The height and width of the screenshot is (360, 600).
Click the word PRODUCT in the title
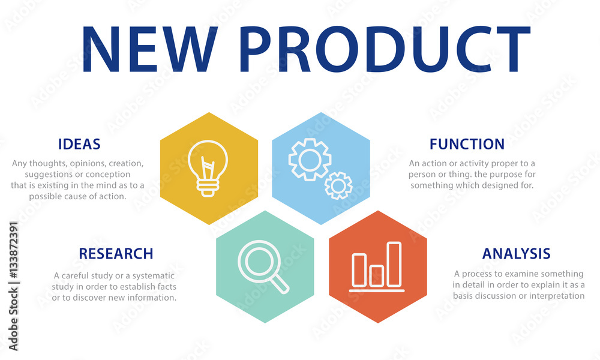click(x=385, y=49)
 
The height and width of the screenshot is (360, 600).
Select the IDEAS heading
click(x=79, y=144)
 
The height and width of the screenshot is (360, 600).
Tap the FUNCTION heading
click(x=467, y=144)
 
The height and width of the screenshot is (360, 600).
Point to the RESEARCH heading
click(x=116, y=253)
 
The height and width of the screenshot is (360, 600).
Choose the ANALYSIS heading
click(x=516, y=253)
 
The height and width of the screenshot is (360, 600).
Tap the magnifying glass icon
click(x=263, y=266)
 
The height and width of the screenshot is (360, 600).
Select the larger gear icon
click(x=310, y=160)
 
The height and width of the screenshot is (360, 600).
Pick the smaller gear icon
click(x=338, y=185)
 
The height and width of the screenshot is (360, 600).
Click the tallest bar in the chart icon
click(x=394, y=264)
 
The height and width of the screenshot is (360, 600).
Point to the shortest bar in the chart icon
click(x=377, y=275)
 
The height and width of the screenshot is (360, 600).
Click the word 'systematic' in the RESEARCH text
click(x=154, y=276)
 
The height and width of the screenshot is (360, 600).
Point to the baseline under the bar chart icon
click(x=377, y=291)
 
